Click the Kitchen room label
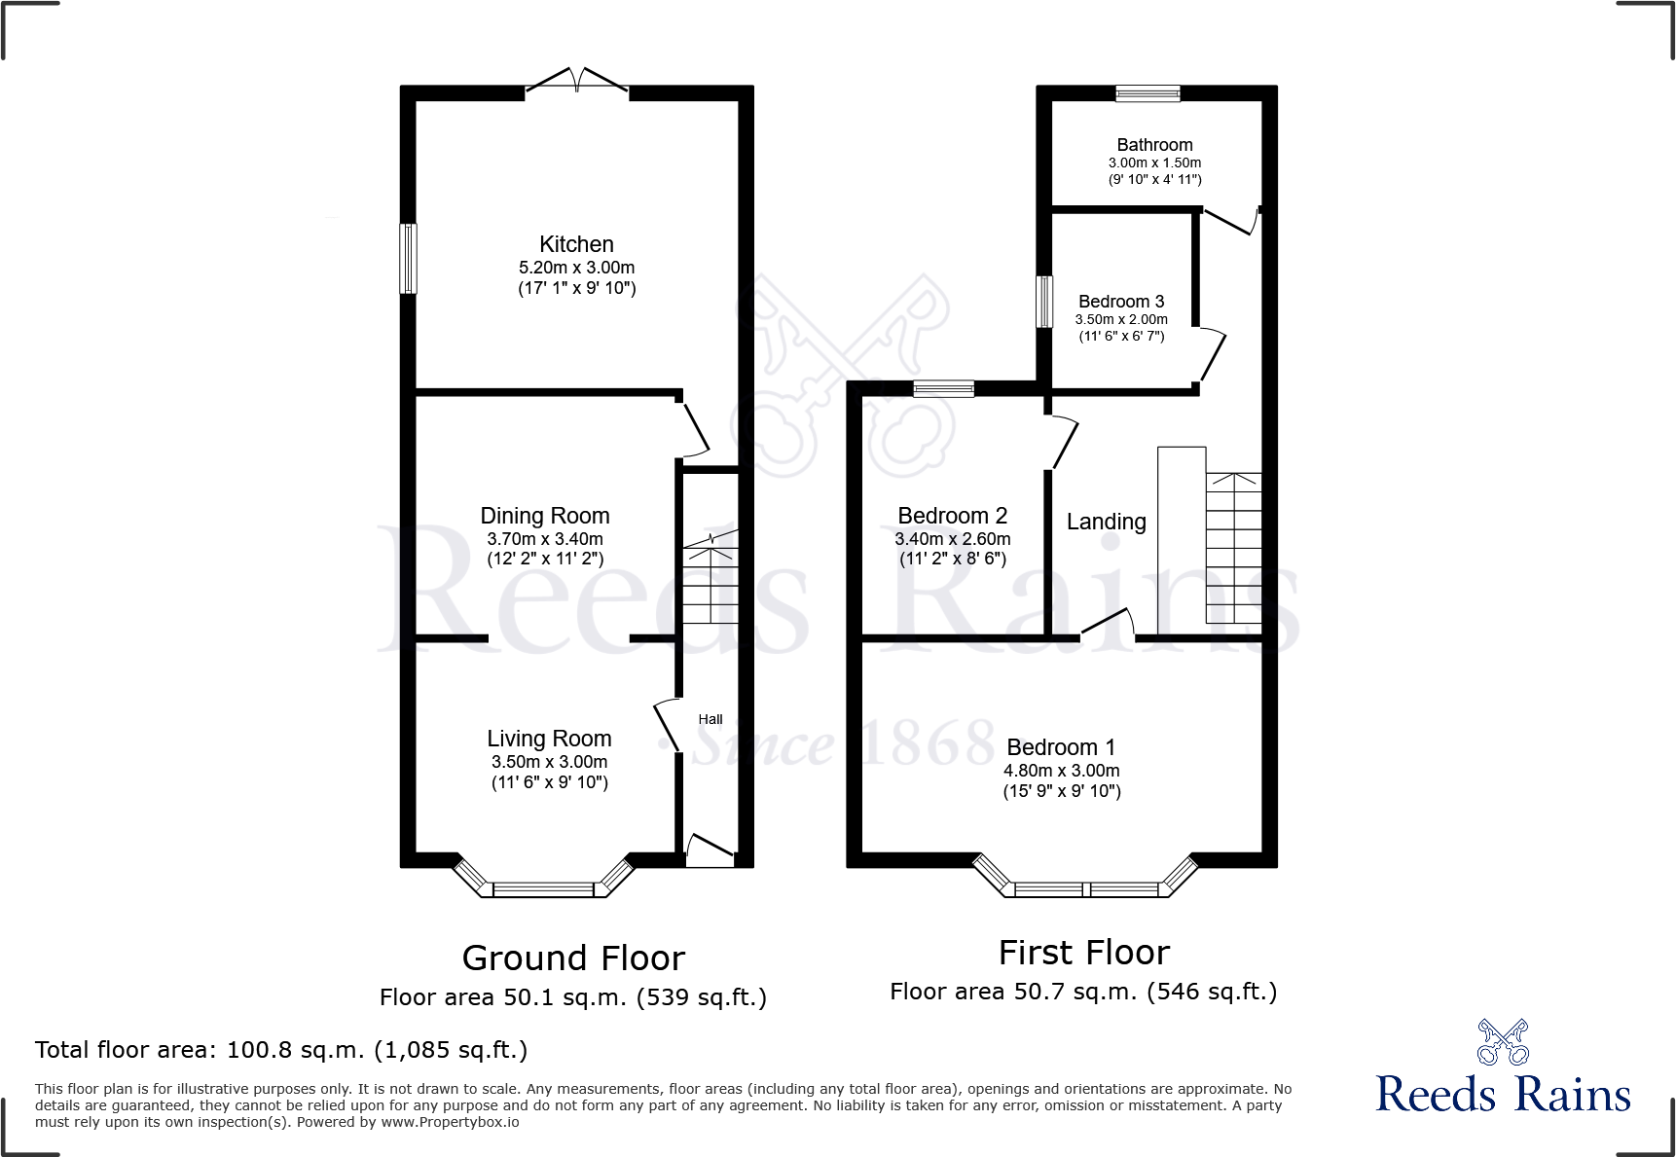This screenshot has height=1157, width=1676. pos(576,244)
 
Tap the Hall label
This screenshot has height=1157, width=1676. pos(710,719)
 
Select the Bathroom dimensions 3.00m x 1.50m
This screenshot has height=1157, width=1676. pos(1154,163)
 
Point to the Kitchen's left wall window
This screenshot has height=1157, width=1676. pos(409,258)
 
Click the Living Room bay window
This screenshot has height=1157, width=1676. pos(543,887)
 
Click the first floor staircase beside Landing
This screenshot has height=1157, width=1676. pos(1233,547)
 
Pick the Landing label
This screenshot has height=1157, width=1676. pos(1106,522)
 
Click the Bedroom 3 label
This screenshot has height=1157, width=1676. pos(1121,302)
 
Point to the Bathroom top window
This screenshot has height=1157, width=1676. pos(1148,93)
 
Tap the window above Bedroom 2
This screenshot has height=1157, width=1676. pos(943,388)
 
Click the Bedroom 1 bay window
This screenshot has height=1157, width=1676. pos(1086,887)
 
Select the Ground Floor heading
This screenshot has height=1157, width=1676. pos(573,958)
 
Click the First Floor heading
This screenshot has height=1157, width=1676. pos(1083,952)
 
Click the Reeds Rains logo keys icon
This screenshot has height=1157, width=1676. pos(1503,1042)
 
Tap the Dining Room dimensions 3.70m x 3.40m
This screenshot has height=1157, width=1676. pos(545,538)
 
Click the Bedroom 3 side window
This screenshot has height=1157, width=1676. pos(1044,302)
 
